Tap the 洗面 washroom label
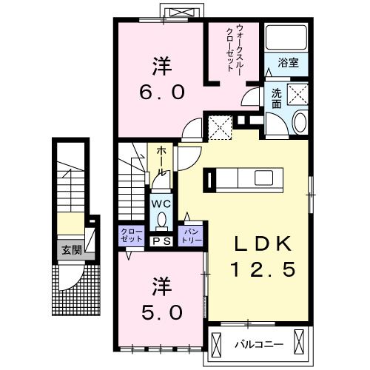(x=275, y=98)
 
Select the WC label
(x=161, y=203)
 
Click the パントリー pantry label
(x=191, y=236)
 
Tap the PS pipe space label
(x=161, y=241)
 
